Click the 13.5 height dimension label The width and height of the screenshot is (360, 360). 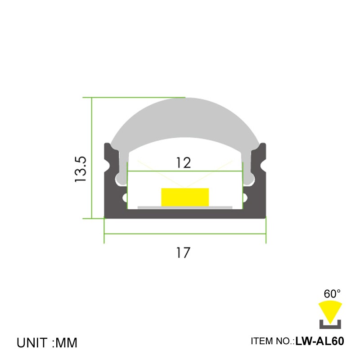pos(81,169)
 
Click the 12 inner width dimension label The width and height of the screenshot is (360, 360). pos(183,162)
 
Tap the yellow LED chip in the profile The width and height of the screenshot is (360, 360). pos(185,197)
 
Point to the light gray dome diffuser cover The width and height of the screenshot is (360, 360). pos(185,119)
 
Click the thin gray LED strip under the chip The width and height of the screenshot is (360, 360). pos(185,207)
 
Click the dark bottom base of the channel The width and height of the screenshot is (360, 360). pos(185,214)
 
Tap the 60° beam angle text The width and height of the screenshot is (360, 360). pos(332,294)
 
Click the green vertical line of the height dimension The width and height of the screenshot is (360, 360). pos(92,157)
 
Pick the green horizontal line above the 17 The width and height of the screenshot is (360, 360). pos(185,234)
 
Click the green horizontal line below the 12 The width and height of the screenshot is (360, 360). pos(185,171)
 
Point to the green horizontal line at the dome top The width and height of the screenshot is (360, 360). pos(135,97)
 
